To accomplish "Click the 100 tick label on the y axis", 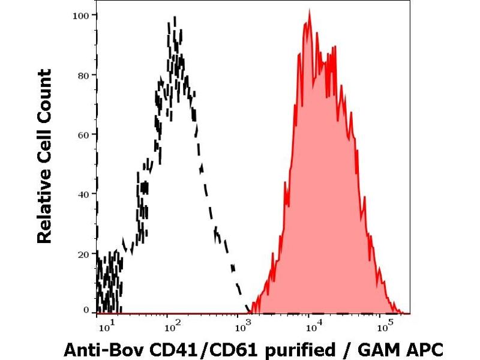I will (80, 15).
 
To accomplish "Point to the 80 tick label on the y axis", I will (83, 75).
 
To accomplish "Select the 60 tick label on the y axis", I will (83, 134).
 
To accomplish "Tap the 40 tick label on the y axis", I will (83, 194).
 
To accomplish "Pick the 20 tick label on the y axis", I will (83, 253).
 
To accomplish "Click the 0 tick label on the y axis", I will (86, 310).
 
